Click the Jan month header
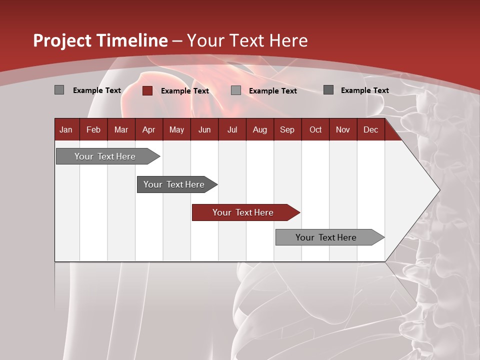(x=66, y=129)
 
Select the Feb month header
(x=93, y=129)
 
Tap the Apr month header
(x=148, y=129)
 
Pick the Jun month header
(x=204, y=129)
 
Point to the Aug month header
(x=259, y=129)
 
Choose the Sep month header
(x=287, y=129)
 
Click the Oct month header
(x=315, y=129)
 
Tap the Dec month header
(x=370, y=129)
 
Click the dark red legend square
(x=147, y=90)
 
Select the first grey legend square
(x=59, y=90)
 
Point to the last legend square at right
(x=328, y=90)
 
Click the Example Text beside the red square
(x=184, y=91)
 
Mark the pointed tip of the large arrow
(x=439, y=190)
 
